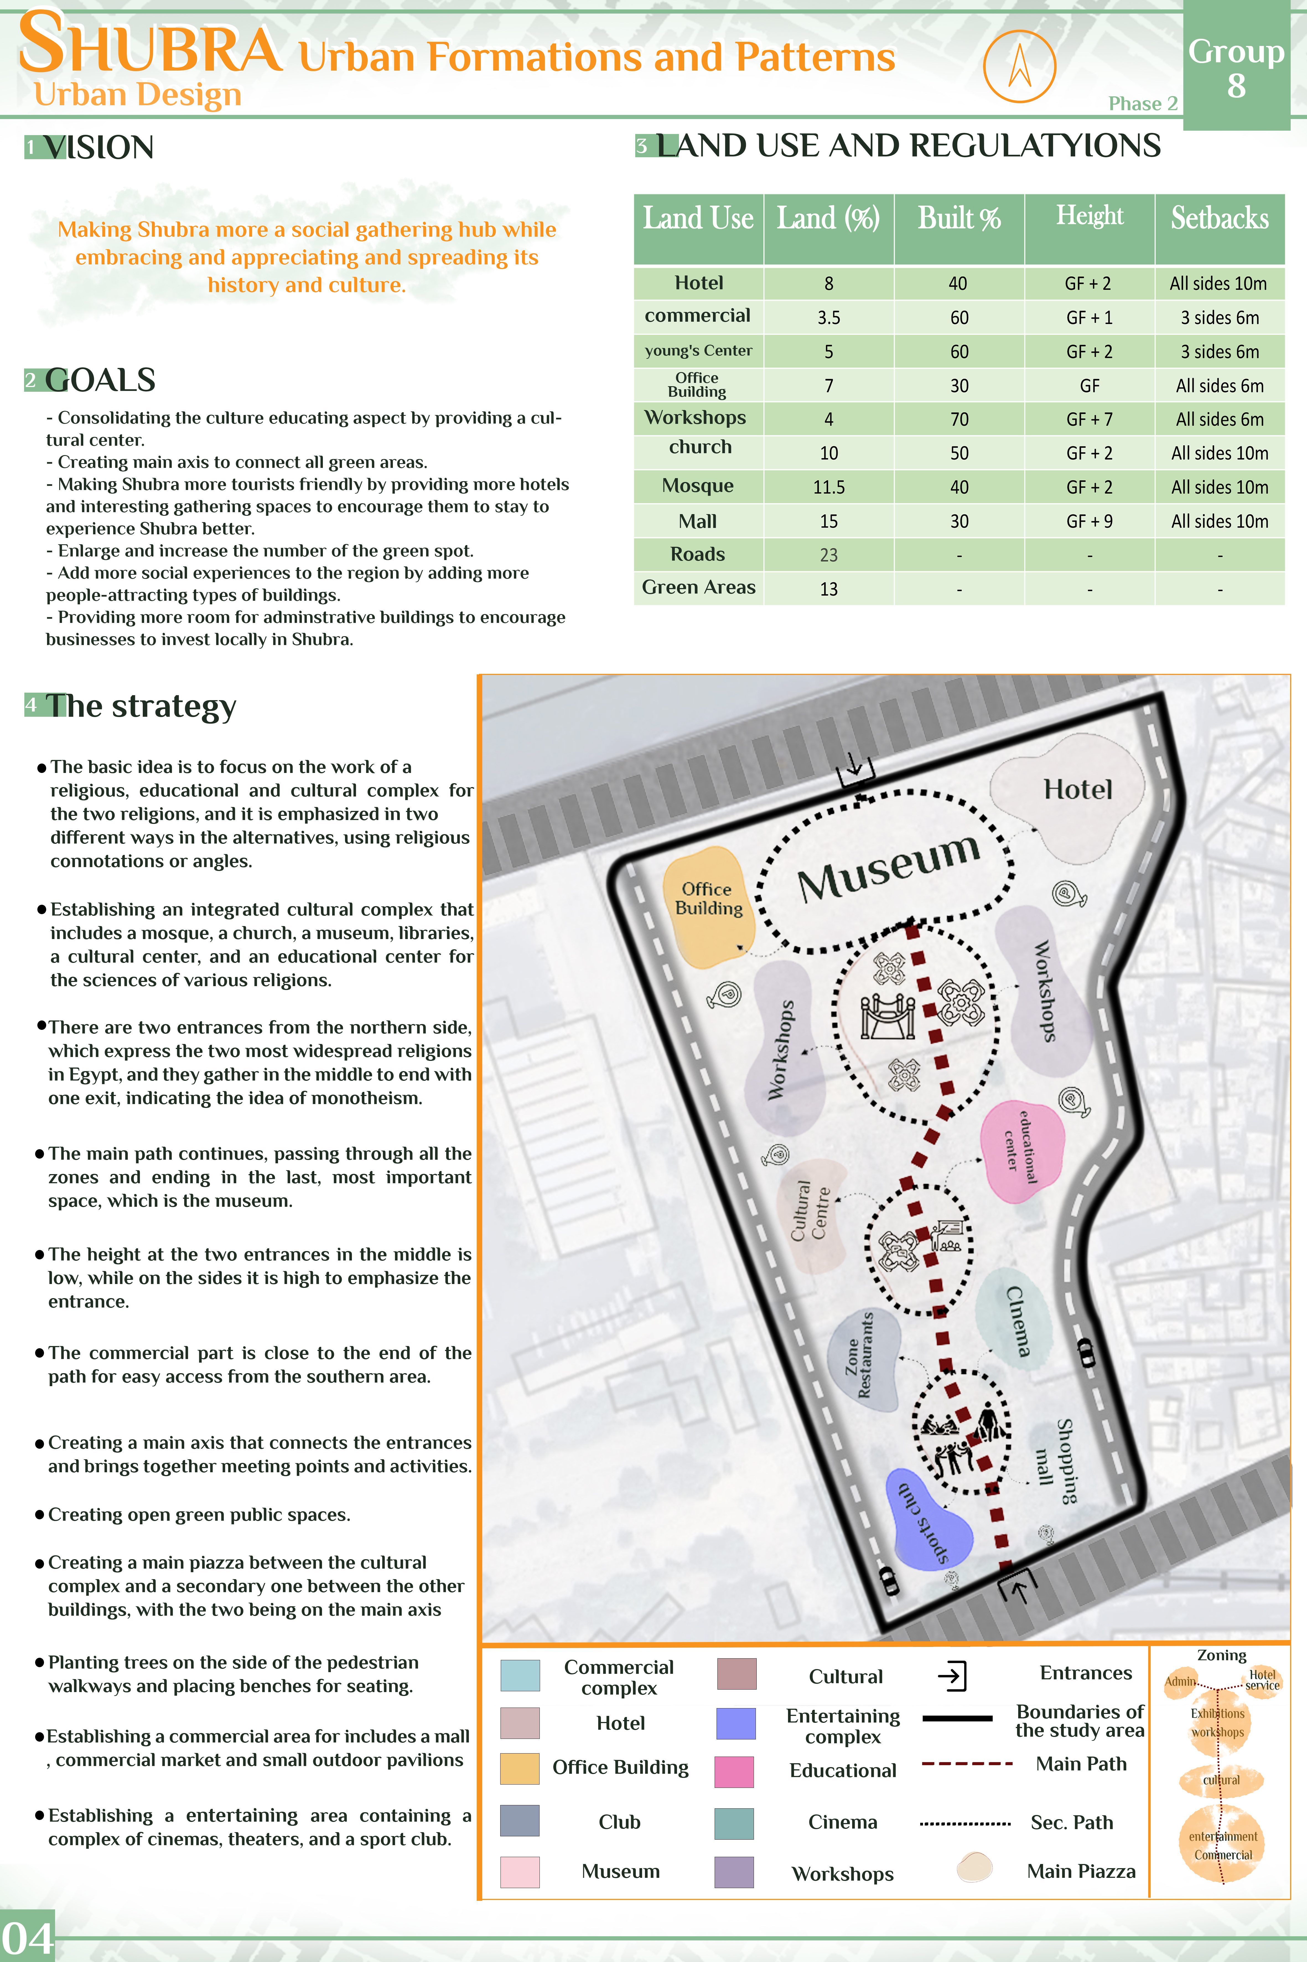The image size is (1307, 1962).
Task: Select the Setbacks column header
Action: (1220, 218)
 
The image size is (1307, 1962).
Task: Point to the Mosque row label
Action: (698, 486)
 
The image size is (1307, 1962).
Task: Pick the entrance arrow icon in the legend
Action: (952, 1675)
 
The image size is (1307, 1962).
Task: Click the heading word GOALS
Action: (100, 380)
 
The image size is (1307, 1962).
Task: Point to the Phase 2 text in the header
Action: (1142, 103)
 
